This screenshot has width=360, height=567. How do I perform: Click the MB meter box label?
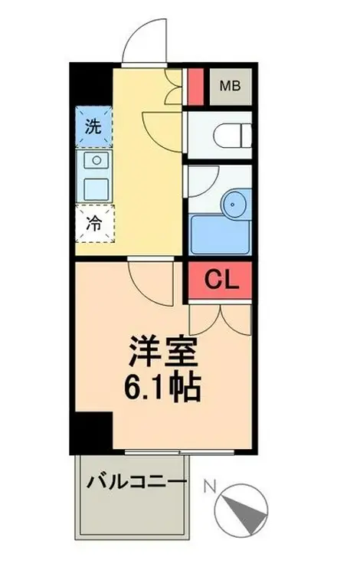point(231,86)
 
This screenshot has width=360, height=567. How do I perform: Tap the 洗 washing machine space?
point(93,126)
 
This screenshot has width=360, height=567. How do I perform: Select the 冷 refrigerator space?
point(95,224)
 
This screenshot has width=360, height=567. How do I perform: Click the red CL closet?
point(220,280)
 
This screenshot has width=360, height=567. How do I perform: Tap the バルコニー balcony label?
point(136,483)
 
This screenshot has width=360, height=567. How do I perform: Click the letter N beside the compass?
point(210,487)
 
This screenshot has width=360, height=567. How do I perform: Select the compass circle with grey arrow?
point(241,510)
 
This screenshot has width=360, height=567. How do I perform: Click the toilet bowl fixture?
point(232,136)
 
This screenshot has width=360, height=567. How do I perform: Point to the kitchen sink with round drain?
point(97,160)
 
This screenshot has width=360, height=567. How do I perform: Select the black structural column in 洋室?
point(91,432)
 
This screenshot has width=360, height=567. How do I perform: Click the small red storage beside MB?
point(196,87)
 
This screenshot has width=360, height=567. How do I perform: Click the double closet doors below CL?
point(220,320)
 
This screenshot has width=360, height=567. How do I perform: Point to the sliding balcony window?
point(180,451)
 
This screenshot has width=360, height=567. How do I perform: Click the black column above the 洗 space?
point(91,84)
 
